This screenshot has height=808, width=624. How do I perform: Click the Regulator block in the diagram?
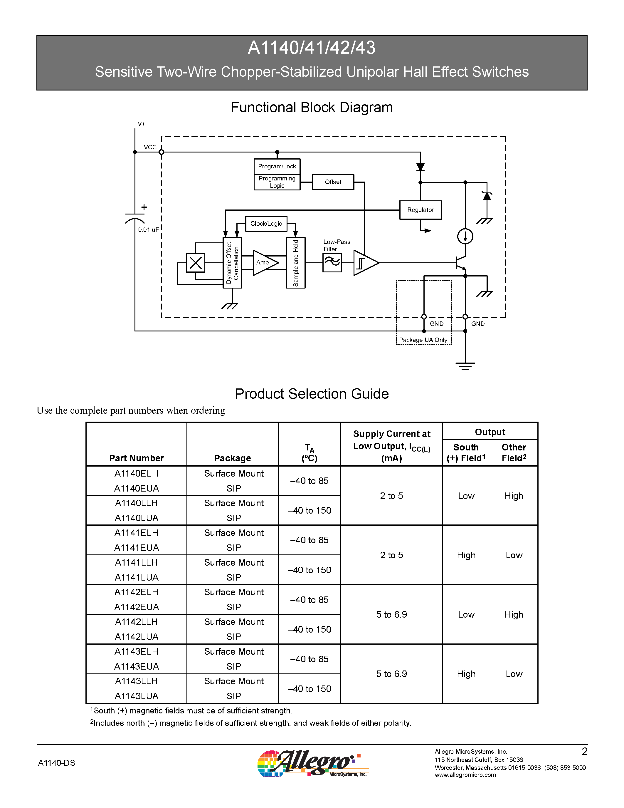pos(420,210)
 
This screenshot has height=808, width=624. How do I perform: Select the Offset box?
pos(333,182)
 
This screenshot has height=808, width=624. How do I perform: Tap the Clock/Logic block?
pos(266,224)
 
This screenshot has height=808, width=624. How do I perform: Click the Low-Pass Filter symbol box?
pos(332,263)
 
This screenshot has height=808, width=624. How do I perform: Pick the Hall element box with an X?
pos(195,263)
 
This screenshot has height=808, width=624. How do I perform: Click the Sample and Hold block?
pos(296,263)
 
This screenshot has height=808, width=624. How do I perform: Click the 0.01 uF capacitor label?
pos(148,230)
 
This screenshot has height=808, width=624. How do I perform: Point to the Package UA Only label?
pos(423,340)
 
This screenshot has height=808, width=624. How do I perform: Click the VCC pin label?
pos(150,147)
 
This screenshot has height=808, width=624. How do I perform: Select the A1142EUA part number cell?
pos(137,607)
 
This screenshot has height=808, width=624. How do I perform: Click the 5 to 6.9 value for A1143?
pos(391,674)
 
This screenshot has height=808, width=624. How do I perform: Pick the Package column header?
pos(232,458)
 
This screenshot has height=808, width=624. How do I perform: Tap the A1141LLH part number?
pos(137,562)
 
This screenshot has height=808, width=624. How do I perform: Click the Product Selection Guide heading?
pos(312,394)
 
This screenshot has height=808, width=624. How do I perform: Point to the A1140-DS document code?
pos(57,763)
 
